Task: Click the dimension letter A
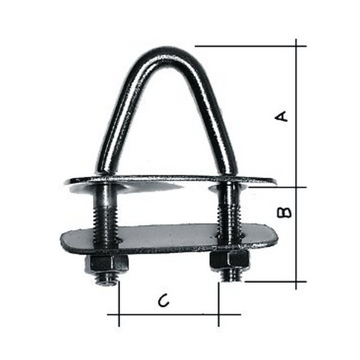(281, 116)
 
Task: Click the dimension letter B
(284, 212)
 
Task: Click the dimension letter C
(164, 301)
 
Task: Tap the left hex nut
(107, 263)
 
